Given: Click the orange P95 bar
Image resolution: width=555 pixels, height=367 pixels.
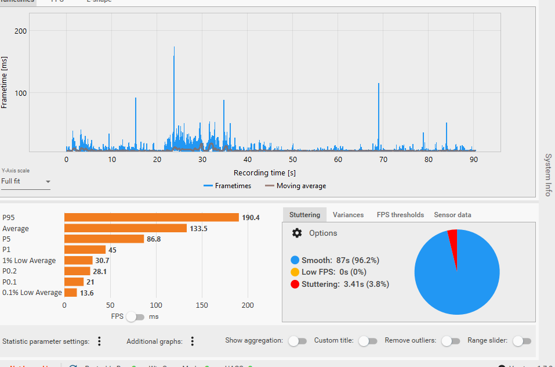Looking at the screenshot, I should coord(151,217).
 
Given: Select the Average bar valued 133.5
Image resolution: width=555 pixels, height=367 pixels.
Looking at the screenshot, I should coord(125,228).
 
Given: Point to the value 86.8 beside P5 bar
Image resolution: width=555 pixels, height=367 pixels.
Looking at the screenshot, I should coord(154,239).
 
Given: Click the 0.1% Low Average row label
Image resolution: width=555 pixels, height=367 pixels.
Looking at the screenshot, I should coord(32,293).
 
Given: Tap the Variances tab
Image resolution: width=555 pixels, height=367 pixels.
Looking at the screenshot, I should coord(348,215).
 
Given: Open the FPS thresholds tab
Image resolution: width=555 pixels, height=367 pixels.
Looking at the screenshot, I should coord(400,215).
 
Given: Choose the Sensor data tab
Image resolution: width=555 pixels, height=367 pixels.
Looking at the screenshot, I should coord(452,215).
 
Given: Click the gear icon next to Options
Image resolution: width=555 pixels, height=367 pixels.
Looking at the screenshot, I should coord(297,233).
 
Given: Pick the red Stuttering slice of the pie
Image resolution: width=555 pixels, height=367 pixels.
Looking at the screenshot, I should coord(452,234).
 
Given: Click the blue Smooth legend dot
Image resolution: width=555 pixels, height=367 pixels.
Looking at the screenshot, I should coord(295,260).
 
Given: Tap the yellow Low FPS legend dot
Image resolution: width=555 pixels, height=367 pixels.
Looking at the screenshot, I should coord(295,272).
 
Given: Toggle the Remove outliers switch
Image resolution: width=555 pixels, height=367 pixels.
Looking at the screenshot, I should coord(451,341).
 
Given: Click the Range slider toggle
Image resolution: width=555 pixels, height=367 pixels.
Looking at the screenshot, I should coord(522,341).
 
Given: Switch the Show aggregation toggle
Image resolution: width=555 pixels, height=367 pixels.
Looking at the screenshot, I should coord(298,341).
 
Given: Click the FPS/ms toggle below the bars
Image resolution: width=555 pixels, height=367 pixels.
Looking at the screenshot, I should coord(135,316).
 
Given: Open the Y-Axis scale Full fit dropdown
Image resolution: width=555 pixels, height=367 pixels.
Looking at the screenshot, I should coord(26,181).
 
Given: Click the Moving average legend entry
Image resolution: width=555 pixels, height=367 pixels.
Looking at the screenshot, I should coord(295,186).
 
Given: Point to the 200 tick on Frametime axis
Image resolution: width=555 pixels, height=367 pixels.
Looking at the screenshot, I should coord(21,31).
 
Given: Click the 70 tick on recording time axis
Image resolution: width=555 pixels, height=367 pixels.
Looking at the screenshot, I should coord(383,160).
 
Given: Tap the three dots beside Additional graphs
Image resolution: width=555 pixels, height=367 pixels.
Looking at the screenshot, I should coord(192,341).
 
